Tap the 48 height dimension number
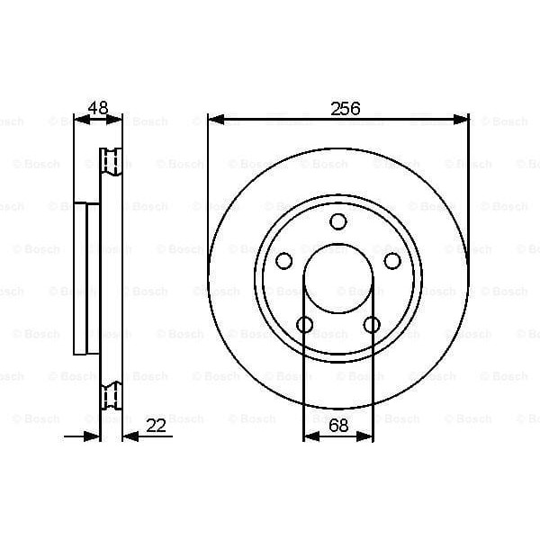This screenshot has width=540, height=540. [x=97, y=108]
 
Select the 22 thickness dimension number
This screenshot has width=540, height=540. [x=157, y=426]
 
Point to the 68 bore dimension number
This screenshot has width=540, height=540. [x=338, y=426]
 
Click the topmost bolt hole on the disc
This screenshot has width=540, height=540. [x=337, y=221]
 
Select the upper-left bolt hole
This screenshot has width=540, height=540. [x=283, y=261]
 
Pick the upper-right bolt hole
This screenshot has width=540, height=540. [x=392, y=261]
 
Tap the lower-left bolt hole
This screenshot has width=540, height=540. [x=304, y=325]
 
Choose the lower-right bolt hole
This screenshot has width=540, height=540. [x=372, y=325]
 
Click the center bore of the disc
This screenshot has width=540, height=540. [x=337, y=279]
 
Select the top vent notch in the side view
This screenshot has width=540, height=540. [x=111, y=159]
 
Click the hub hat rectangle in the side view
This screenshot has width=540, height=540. [x=86, y=278]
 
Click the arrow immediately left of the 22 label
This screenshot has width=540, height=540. [x=128, y=436]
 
